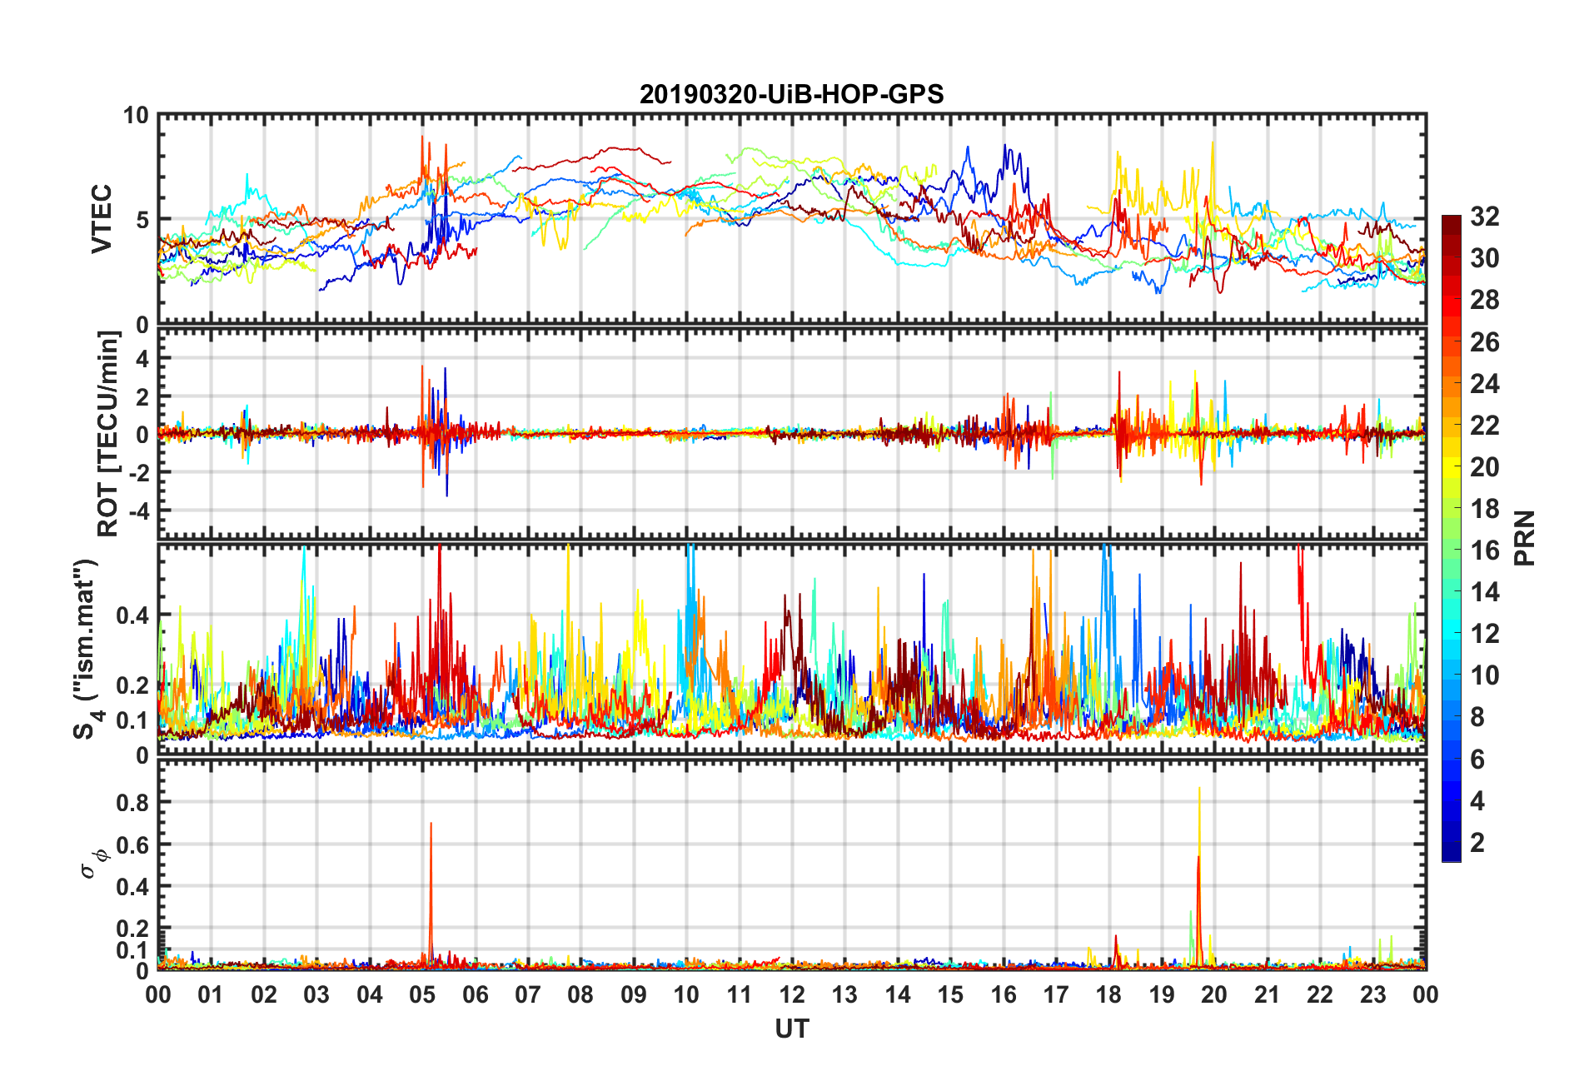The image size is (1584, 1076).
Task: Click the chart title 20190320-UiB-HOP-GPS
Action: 791,94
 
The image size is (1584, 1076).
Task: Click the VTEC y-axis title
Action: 102,219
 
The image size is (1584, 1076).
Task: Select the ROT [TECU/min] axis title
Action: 108,434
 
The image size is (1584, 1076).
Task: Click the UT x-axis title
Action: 791,1029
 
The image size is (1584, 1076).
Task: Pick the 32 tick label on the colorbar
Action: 1484,217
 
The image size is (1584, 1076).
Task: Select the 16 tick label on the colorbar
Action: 1484,550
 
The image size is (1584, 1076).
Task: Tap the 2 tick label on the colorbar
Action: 1477,843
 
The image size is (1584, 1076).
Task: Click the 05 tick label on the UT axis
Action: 422,994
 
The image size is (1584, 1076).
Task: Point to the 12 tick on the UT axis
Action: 792,994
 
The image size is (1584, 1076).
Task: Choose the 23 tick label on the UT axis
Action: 1372,994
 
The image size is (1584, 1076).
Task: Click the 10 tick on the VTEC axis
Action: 135,116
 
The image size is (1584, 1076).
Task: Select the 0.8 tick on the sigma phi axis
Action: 133,803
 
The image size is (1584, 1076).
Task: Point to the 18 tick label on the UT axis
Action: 1108,994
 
